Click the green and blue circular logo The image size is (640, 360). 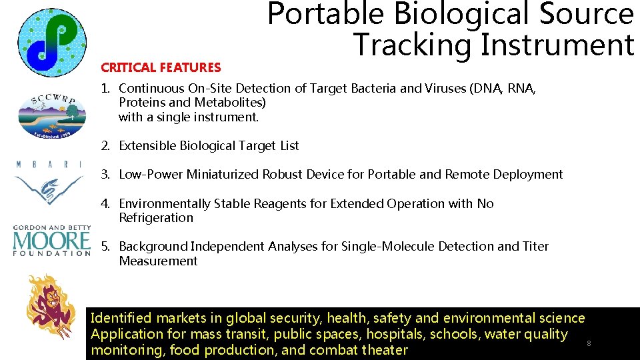51,42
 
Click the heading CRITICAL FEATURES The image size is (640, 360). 160,67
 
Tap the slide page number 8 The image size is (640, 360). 588,343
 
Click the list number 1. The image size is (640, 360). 105,88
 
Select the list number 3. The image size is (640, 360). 105,175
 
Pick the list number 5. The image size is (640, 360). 105,247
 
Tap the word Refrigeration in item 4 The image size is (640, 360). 156,218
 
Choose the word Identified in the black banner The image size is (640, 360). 121,319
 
